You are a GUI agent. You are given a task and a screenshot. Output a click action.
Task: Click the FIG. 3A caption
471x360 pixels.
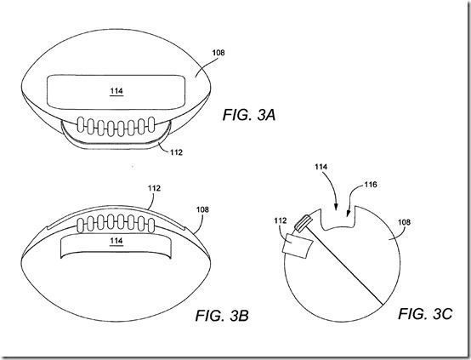pyautogui.click(x=249, y=115)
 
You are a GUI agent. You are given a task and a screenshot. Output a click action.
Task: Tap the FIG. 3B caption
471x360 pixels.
pyautogui.click(x=222, y=316)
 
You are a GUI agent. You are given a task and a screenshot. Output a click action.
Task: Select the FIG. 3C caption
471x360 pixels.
pyautogui.click(x=425, y=314)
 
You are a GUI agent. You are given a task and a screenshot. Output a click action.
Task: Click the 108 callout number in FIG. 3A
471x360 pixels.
pyautogui.click(x=218, y=53)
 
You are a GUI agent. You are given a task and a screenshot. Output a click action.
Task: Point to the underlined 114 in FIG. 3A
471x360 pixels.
pyautogui.click(x=116, y=91)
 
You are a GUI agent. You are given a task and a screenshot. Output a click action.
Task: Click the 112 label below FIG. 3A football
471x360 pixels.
pyautogui.click(x=176, y=152)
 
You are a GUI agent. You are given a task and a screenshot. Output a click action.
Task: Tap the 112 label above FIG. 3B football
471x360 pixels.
pyautogui.click(x=154, y=188)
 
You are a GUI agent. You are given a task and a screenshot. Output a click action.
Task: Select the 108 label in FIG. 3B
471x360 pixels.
pyautogui.click(x=202, y=209)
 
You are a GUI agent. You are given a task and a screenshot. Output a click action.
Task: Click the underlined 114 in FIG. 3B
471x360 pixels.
pyautogui.click(x=116, y=241)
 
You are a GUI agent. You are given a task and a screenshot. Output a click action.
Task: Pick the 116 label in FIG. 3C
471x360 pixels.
pyautogui.click(x=371, y=185)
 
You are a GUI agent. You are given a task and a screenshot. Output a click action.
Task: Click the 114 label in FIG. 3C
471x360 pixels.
pyautogui.click(x=321, y=167)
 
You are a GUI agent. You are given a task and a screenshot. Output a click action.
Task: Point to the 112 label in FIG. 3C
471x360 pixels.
pyautogui.click(x=281, y=220)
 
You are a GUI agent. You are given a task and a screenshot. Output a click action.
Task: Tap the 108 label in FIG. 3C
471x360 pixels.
pyautogui.click(x=404, y=222)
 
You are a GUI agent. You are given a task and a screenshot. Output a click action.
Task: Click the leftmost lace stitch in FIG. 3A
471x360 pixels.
pyautogui.click(x=81, y=124)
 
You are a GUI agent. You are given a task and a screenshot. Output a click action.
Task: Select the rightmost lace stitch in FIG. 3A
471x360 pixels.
pyautogui.click(x=151, y=124)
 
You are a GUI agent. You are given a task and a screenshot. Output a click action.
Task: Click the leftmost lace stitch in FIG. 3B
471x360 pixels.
pyautogui.click(x=80, y=226)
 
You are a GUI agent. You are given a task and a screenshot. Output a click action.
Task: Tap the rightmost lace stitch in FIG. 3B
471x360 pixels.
pyautogui.click(x=151, y=226)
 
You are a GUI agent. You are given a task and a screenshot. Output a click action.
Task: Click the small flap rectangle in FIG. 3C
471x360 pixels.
pyautogui.click(x=297, y=246)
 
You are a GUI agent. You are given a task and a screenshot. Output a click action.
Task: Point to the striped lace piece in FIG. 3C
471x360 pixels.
pyautogui.click(x=303, y=223)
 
